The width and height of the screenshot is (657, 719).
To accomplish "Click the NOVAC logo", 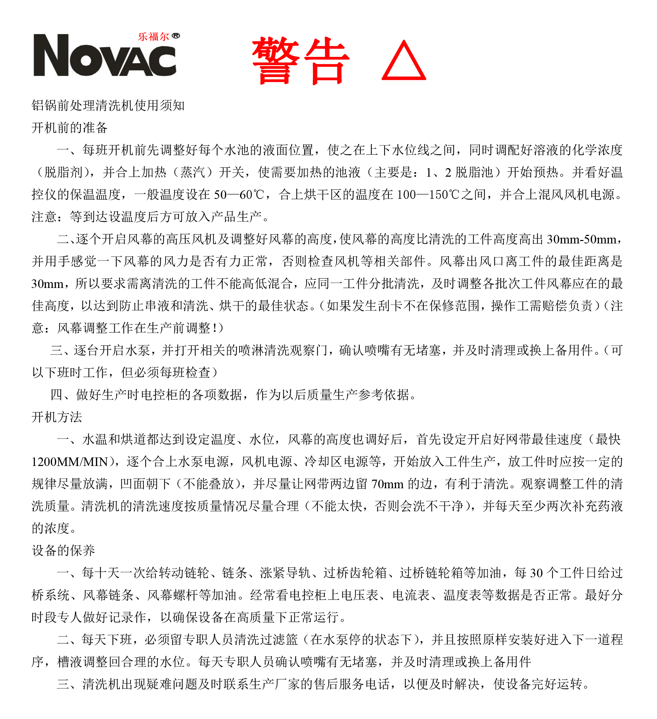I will pos(104,55).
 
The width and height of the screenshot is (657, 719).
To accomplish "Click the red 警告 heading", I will pos(300,61).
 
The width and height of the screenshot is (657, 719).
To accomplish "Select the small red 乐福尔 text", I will pos(154,36).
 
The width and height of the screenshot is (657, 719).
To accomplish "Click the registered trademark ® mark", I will pos(176,36).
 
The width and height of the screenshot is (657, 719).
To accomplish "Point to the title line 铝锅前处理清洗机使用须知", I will pos(108,105).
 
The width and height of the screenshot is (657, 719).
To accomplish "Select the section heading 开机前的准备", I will pos(69,128).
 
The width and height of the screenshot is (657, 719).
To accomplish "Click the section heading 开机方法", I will pos(57,417).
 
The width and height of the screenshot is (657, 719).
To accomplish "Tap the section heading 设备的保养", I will pos(63,551).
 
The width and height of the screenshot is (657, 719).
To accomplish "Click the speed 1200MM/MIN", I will pos(70,462).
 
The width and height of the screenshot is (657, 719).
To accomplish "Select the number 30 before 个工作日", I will pos(537,573).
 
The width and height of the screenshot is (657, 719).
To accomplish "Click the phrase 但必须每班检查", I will pos(166,373).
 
